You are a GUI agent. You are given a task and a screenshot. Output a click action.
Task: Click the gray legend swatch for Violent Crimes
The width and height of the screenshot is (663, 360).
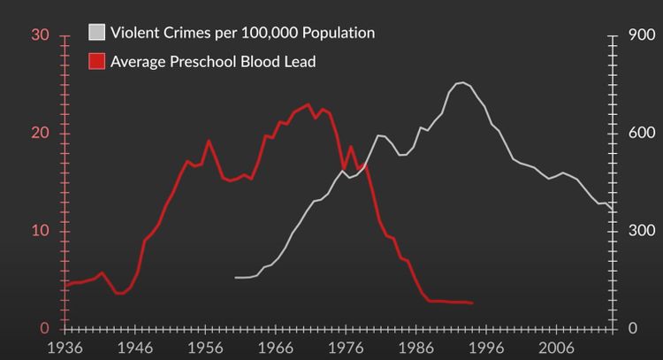(97, 33)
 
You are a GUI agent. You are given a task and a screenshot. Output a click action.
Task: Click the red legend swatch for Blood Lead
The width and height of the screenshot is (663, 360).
(97, 61)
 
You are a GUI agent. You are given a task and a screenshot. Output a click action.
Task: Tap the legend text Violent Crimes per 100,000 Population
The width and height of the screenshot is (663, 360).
(242, 33)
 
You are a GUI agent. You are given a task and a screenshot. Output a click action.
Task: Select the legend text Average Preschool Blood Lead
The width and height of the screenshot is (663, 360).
(213, 61)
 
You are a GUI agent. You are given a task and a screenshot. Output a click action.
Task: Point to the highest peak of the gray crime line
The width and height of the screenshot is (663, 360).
(461, 82)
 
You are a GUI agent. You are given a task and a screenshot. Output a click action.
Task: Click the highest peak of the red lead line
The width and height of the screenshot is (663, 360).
(308, 104)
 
